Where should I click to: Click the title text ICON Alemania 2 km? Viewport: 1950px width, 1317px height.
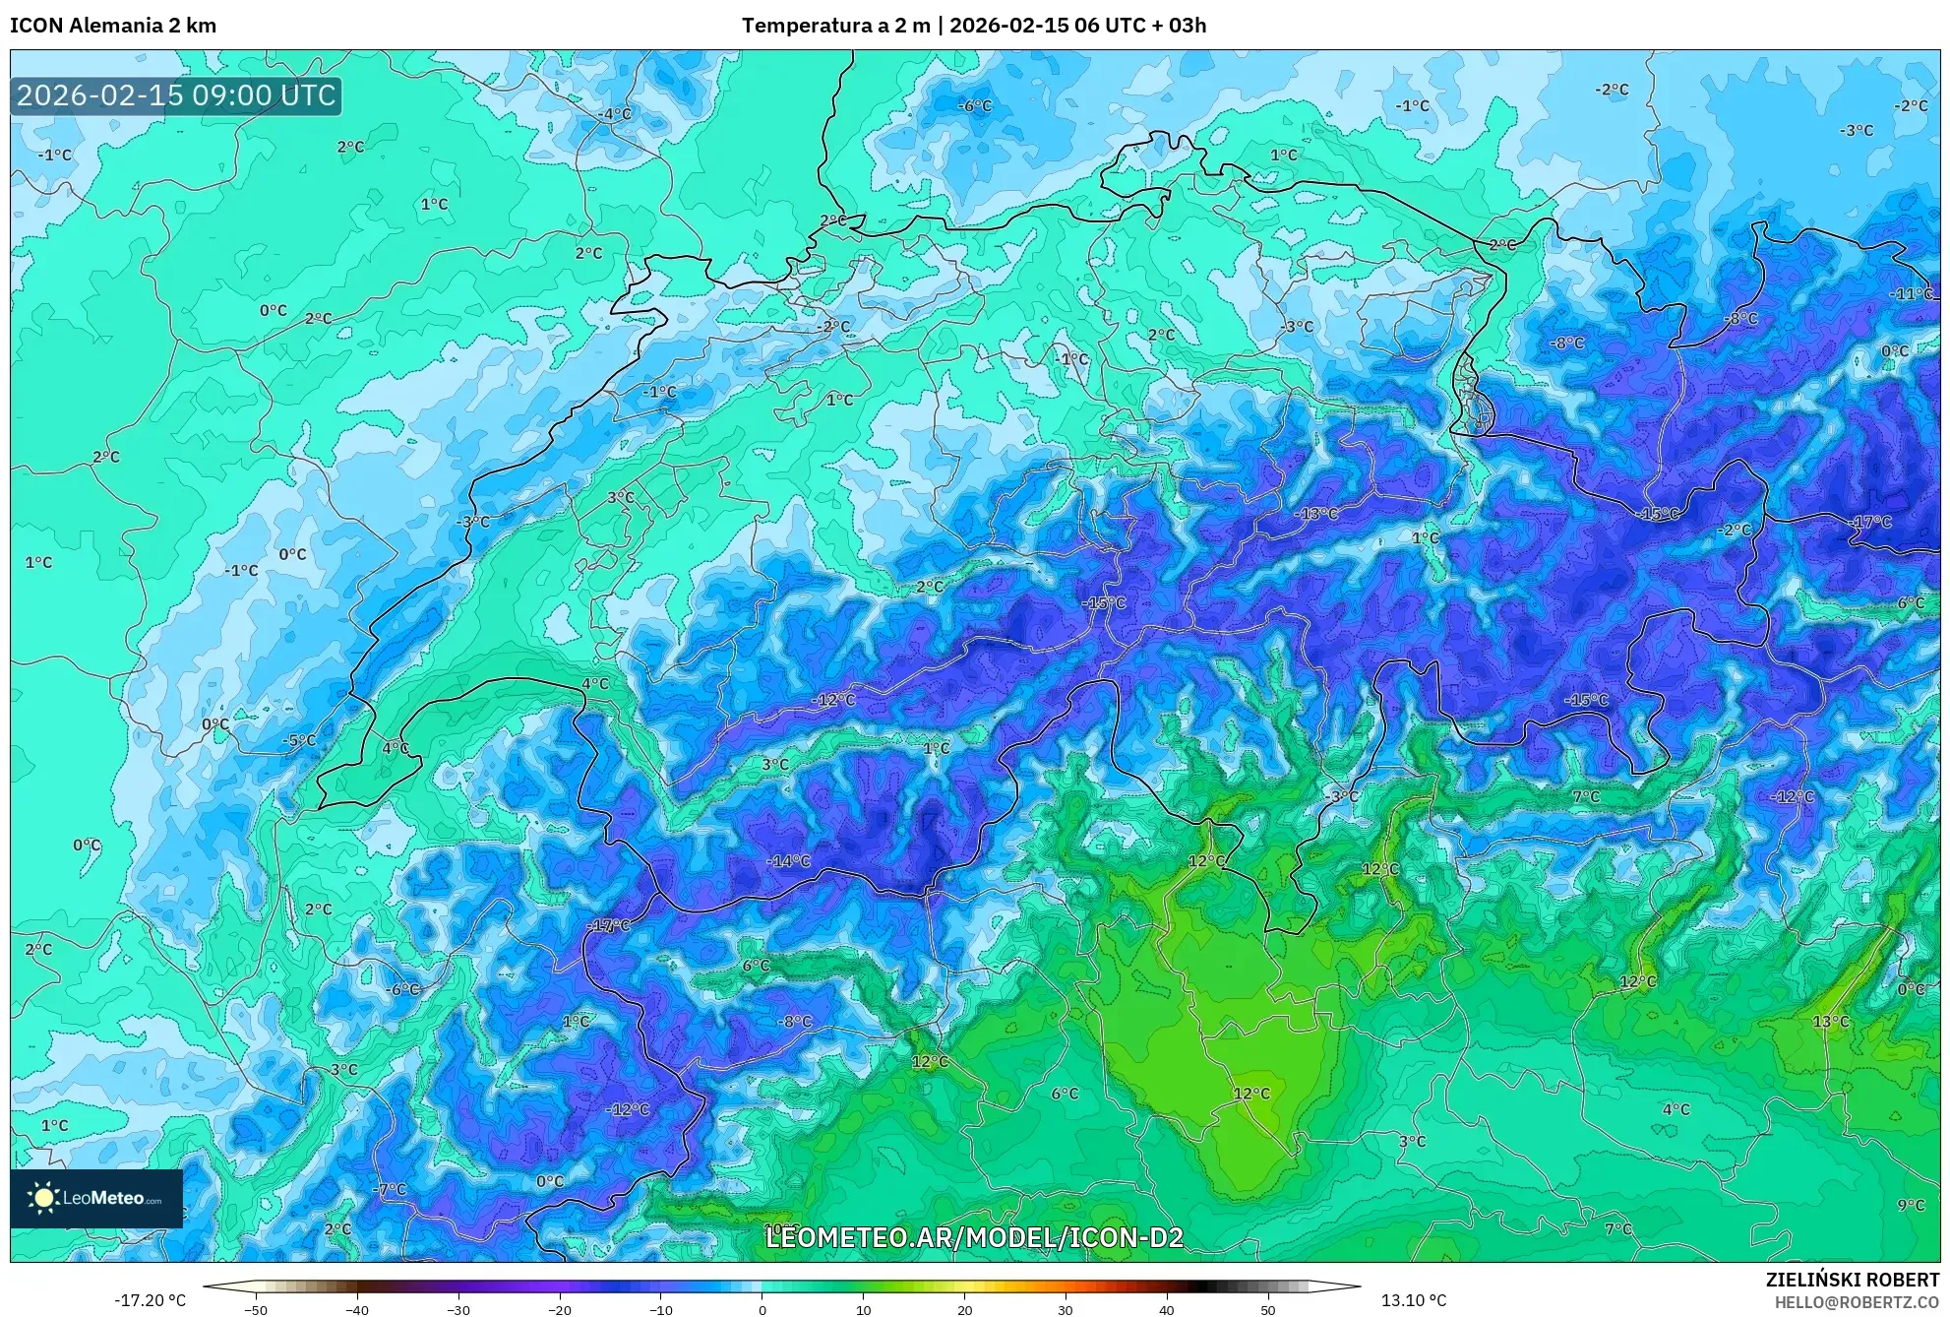113,26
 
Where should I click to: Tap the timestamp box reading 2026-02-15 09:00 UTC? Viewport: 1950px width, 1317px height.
176,95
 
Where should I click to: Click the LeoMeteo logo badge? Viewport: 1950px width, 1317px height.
96,1198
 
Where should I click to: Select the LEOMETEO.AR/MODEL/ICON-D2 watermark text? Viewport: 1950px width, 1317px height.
974,1237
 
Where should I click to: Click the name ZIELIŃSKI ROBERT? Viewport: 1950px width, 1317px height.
1852,1280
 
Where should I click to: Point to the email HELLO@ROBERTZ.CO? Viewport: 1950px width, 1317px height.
1857,1302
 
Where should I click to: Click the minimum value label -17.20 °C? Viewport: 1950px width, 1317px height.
150,1300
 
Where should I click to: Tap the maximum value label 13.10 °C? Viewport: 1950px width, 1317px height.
1414,1300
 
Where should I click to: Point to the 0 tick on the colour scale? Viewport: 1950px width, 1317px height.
762,1310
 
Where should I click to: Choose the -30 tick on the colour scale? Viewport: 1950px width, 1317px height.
458,1310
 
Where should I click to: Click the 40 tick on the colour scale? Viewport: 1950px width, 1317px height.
1167,1310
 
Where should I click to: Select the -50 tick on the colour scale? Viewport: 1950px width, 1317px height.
256,1310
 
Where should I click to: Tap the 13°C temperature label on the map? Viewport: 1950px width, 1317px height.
1831,1022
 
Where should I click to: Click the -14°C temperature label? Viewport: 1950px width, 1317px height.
788,861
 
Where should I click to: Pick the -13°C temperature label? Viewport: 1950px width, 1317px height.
1315,514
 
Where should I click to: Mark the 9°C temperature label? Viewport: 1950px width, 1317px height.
1911,1205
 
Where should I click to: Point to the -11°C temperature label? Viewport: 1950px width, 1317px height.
1912,294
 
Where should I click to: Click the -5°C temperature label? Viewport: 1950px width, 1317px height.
299,740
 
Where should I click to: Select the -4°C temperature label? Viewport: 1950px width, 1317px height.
615,114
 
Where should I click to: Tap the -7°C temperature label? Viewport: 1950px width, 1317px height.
389,1189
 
